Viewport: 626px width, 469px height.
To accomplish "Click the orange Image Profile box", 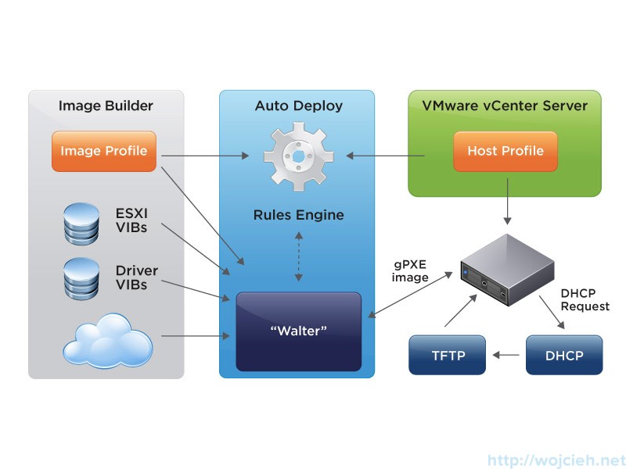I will click(104, 151).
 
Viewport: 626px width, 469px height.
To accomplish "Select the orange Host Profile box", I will click(505, 151).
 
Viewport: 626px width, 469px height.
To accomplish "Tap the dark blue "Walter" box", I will click(298, 331).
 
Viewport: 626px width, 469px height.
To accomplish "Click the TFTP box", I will click(448, 355).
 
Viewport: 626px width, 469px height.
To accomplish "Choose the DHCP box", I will click(564, 355).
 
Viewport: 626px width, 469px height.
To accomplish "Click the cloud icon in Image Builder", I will click(107, 337).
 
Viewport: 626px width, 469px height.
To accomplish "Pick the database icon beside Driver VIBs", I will click(81, 278).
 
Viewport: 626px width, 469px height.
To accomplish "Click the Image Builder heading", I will click(106, 106).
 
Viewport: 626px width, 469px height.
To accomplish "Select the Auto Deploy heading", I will click(298, 106).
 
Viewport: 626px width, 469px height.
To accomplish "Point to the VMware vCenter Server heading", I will click(505, 106).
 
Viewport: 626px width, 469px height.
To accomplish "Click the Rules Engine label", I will click(298, 214).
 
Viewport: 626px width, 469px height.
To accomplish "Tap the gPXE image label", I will click(410, 270).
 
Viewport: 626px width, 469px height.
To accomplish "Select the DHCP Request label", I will click(585, 299).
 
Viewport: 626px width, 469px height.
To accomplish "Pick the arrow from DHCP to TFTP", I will click(505, 355).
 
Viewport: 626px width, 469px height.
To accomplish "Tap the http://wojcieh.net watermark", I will click(556, 460).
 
